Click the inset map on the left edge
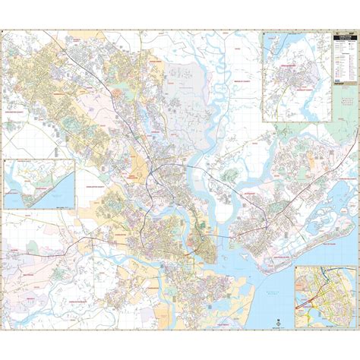click(39, 184)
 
